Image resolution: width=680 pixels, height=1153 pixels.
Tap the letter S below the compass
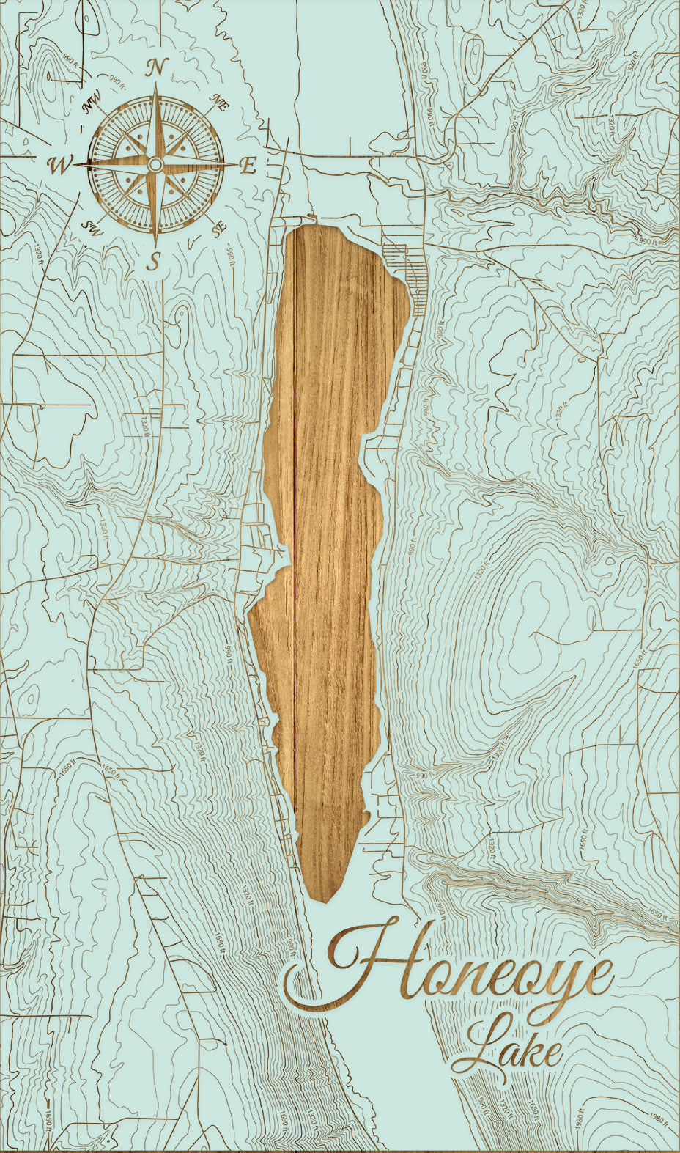tap(154, 260)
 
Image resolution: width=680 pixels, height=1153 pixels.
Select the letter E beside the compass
tap(248, 166)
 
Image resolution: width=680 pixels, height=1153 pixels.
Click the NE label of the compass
tap(218, 103)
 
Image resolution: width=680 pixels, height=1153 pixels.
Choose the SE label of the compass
tap(218, 229)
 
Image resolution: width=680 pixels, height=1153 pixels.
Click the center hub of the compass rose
tap(155, 166)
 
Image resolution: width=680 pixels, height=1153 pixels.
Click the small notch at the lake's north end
tap(312, 218)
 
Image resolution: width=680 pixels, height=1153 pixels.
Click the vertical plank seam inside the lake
tap(295, 513)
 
